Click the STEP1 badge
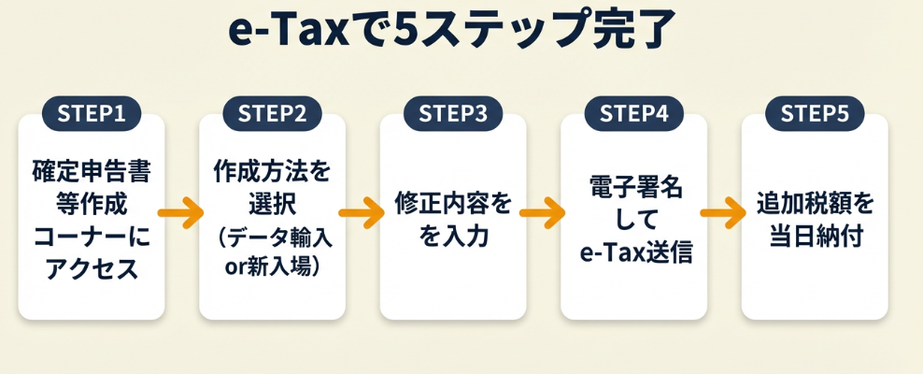pyautogui.click(x=92, y=114)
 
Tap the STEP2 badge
pyautogui.click(x=272, y=114)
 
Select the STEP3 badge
pyautogui.click(x=453, y=114)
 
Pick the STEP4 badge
pyautogui.click(x=633, y=114)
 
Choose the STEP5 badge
pyautogui.click(x=815, y=114)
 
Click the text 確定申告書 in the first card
pyautogui.click(x=92, y=172)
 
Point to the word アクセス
pyautogui.click(x=92, y=269)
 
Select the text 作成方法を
pyautogui.click(x=272, y=172)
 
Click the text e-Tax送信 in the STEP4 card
pyautogui.click(x=633, y=252)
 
